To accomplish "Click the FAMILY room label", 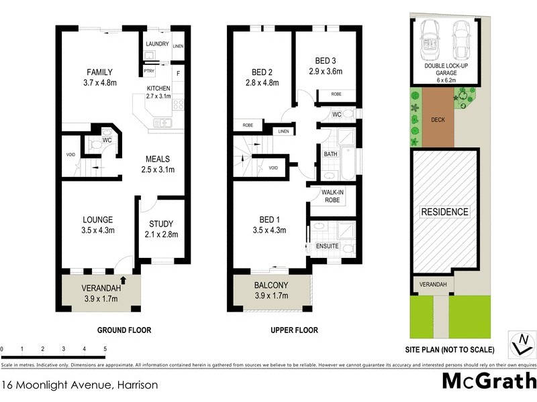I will coord(99,72).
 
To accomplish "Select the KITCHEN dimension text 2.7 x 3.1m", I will coord(160,96).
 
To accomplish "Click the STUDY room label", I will coord(161,224).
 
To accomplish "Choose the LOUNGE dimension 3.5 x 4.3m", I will coord(98,230).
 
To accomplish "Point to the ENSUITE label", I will coord(327,247).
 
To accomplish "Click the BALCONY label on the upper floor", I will coord(271,285).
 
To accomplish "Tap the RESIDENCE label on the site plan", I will coord(444,212).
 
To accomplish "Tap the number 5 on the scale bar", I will coord(105,349).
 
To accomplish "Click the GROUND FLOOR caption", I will coord(124,330).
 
